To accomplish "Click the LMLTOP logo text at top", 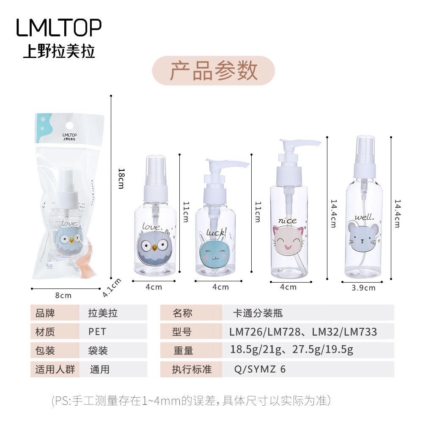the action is pos(59,27).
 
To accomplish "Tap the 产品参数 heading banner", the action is pos(213,71).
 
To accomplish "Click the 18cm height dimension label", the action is pos(121,179).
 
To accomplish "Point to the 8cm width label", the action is pos(63,295).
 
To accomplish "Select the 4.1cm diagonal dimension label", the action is pos(112,288).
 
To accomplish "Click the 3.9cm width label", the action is pos(363,288).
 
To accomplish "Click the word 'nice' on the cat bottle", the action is pos(287,221).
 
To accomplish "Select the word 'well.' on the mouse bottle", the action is pos(364,217).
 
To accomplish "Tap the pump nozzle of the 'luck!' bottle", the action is pos(227,163).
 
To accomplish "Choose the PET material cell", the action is pos(113,332).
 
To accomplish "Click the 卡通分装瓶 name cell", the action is pos(308,313).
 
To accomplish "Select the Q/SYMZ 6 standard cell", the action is pos(308,369).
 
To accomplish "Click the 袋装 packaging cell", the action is pos(113,350).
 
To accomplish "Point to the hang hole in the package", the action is pos(70,126).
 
